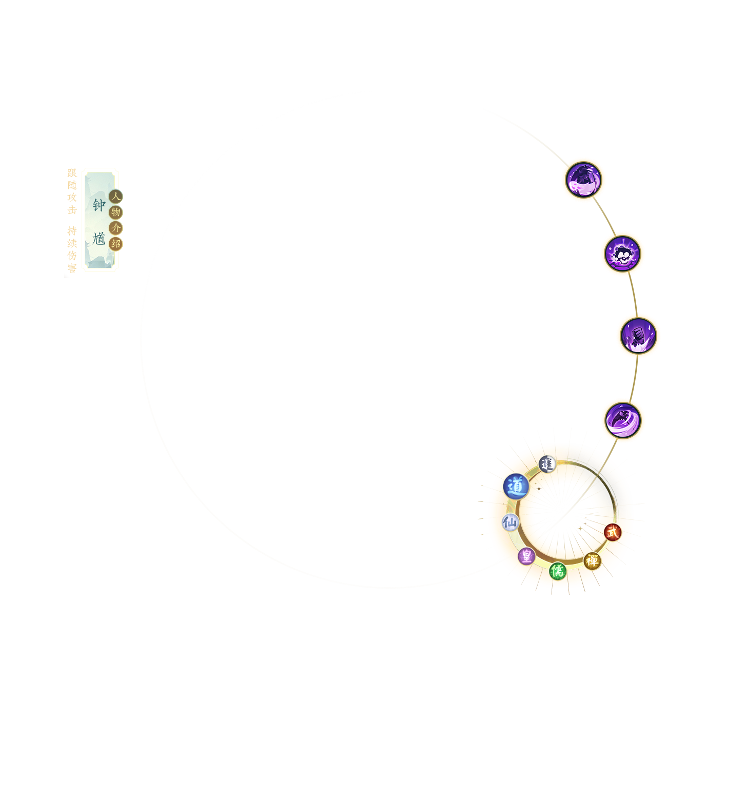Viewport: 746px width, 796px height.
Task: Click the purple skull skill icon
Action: pos(622,254)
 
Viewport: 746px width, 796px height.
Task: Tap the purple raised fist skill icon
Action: pos(638,336)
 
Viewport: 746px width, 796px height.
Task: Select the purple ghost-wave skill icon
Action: pos(583,180)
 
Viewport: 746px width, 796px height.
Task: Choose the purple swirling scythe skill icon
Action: pos(623,420)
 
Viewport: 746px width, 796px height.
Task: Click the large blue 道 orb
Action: pos(516,486)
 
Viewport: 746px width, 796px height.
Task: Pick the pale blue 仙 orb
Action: pos(510,523)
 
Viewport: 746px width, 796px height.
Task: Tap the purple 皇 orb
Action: pos(526,556)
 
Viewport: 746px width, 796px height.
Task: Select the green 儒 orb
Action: pos(557,571)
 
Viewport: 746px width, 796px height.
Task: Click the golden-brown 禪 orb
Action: pos(592,560)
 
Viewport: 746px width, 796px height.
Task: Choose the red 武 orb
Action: pos(612,532)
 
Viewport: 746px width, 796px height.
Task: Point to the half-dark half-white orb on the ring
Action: pos(547,464)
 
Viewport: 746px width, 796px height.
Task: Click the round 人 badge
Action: pos(115,196)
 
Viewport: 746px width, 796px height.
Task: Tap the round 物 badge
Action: pos(115,212)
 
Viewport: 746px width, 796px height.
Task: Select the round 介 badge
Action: pos(115,228)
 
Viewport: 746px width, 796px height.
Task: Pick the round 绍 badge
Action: pos(115,244)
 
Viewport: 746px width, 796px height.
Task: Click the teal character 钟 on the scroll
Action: pos(99,205)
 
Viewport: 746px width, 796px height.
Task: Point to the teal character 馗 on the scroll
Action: pos(99,239)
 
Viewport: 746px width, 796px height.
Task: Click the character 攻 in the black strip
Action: pos(72,198)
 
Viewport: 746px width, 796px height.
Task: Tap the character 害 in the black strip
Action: pos(72,267)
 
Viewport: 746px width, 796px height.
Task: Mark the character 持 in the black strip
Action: pos(72,231)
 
